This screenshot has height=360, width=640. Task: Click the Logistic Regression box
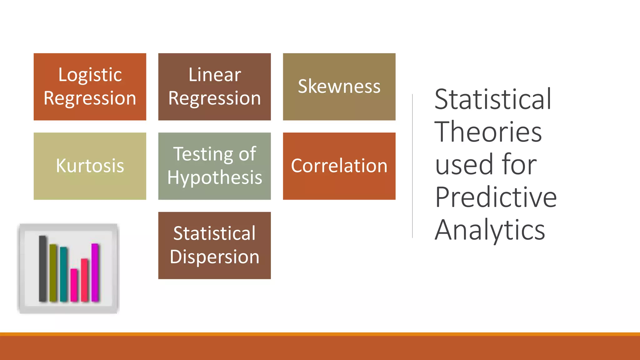pos(90,87)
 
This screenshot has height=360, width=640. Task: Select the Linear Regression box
pos(214,87)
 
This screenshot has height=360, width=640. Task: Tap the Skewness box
pos(339,87)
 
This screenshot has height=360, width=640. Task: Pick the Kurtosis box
pos(90,166)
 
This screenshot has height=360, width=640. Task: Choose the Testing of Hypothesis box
pos(214,166)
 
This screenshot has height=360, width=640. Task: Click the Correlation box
pos(339,166)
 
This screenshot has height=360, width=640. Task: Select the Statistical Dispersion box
pos(214,245)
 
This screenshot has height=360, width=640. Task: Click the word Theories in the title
pos(488,132)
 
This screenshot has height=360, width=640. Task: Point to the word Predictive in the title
pos(496,197)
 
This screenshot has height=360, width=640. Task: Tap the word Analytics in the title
pos(490,230)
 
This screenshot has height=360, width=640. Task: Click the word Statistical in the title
pos(493,99)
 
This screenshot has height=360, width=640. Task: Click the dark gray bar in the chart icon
pos(43,269)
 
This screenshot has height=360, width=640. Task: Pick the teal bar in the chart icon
pos(63,274)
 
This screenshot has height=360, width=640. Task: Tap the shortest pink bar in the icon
pos(74,285)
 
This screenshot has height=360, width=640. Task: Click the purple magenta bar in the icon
pos(95,272)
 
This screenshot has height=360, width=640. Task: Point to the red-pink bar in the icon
pos(84,280)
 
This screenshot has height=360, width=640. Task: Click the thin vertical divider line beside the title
pos(412,166)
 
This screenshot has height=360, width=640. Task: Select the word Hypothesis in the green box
pos(214,178)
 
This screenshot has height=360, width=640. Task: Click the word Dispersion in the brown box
pos(214,257)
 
